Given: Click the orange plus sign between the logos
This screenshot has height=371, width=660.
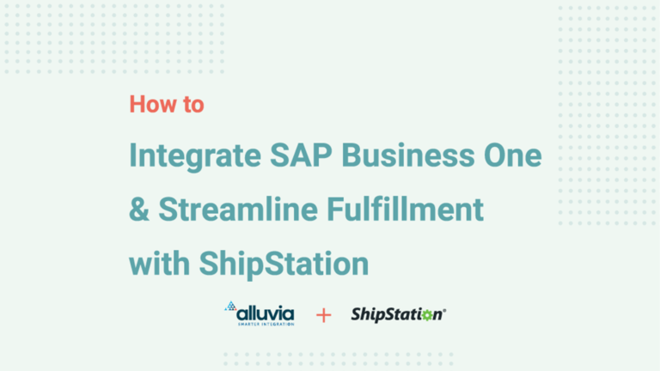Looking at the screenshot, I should click(323, 315).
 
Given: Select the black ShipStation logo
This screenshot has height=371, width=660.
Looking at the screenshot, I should click(397, 314).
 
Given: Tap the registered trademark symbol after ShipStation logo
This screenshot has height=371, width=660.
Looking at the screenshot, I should click(443, 310).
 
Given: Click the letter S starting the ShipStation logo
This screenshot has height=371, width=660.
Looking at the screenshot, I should click(356, 314).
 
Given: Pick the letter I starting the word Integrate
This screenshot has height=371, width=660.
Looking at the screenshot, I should click(133, 157).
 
